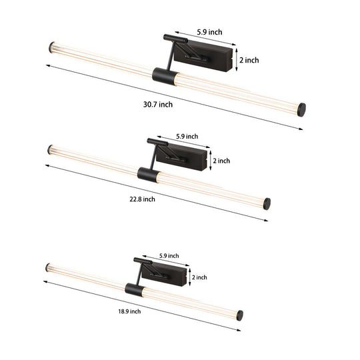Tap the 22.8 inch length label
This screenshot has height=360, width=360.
pos(142,199)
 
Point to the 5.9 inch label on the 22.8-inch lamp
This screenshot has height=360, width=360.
pos(187,137)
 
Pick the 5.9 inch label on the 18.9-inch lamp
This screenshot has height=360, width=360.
pos(169,255)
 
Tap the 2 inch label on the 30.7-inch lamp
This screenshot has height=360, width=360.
pos(249,61)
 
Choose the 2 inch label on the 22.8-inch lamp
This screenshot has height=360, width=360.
pos(221,161)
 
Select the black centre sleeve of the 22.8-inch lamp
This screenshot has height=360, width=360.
pos(145,174)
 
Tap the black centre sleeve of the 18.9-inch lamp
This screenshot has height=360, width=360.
pos(133,287)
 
